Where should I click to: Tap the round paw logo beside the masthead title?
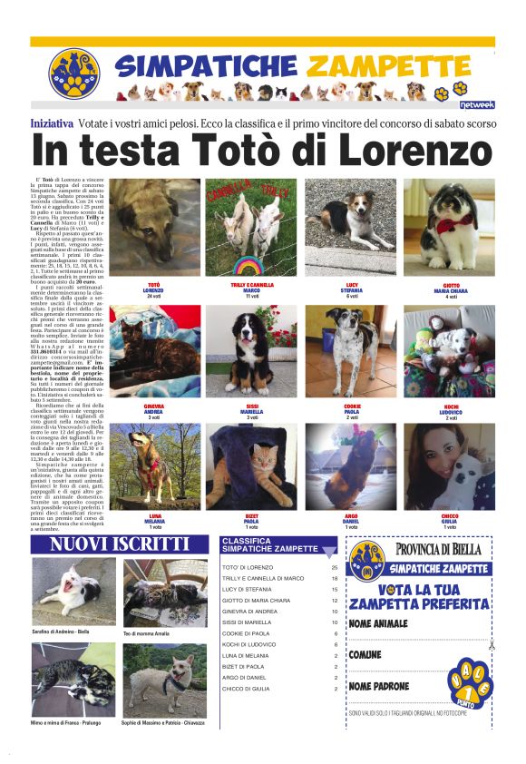coord(73,73)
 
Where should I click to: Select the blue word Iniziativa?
coord(52,122)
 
